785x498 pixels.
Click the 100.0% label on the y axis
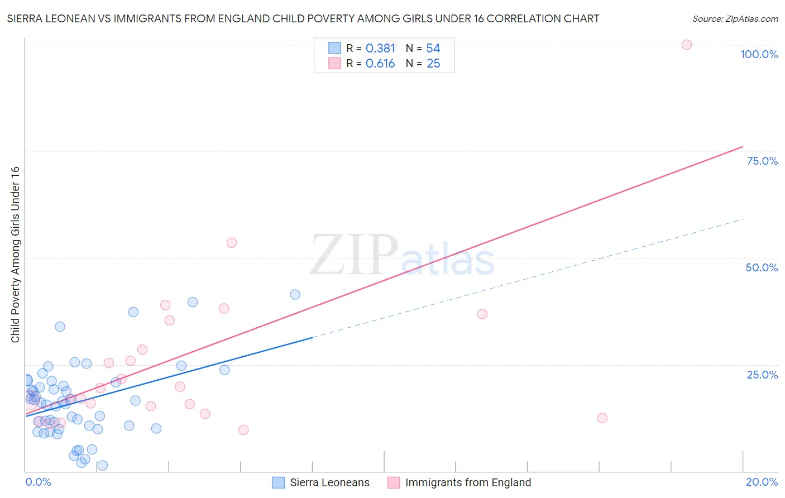[x=759, y=54]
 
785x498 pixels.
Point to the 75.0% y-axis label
[x=762, y=161]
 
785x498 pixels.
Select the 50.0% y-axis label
[x=762, y=267]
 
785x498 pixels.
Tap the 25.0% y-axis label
[x=762, y=375]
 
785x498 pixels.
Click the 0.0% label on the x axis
[x=38, y=482]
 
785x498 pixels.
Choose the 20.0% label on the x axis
[x=762, y=482]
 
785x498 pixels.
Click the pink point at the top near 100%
[x=687, y=45]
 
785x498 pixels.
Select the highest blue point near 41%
[x=295, y=294]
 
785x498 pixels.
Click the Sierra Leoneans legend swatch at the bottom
[x=278, y=482]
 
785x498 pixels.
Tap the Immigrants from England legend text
[x=468, y=482]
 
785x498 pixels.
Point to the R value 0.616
[x=380, y=64]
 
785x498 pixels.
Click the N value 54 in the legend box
[x=433, y=49]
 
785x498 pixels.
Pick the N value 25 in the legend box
[x=433, y=64]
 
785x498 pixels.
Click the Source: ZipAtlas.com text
[x=735, y=18]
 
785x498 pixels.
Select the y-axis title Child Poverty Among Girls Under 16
[x=15, y=255]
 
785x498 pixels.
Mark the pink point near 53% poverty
[x=232, y=243]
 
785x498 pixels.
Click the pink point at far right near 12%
[x=602, y=418]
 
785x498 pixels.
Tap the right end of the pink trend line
[x=743, y=147]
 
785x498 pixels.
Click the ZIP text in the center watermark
[x=354, y=255]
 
